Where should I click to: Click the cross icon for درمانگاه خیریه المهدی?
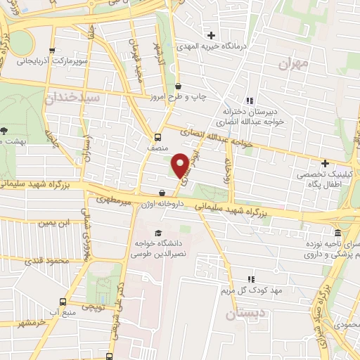(211, 35)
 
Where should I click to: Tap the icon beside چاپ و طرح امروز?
(178, 86)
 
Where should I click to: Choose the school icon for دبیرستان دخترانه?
(250, 101)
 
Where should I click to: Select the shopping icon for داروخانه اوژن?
(162, 193)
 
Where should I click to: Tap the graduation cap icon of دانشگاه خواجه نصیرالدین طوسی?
(158, 232)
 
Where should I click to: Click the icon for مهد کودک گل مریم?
(250, 278)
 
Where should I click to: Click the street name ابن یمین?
(56, 223)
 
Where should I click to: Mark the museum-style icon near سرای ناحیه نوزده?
(337, 233)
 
